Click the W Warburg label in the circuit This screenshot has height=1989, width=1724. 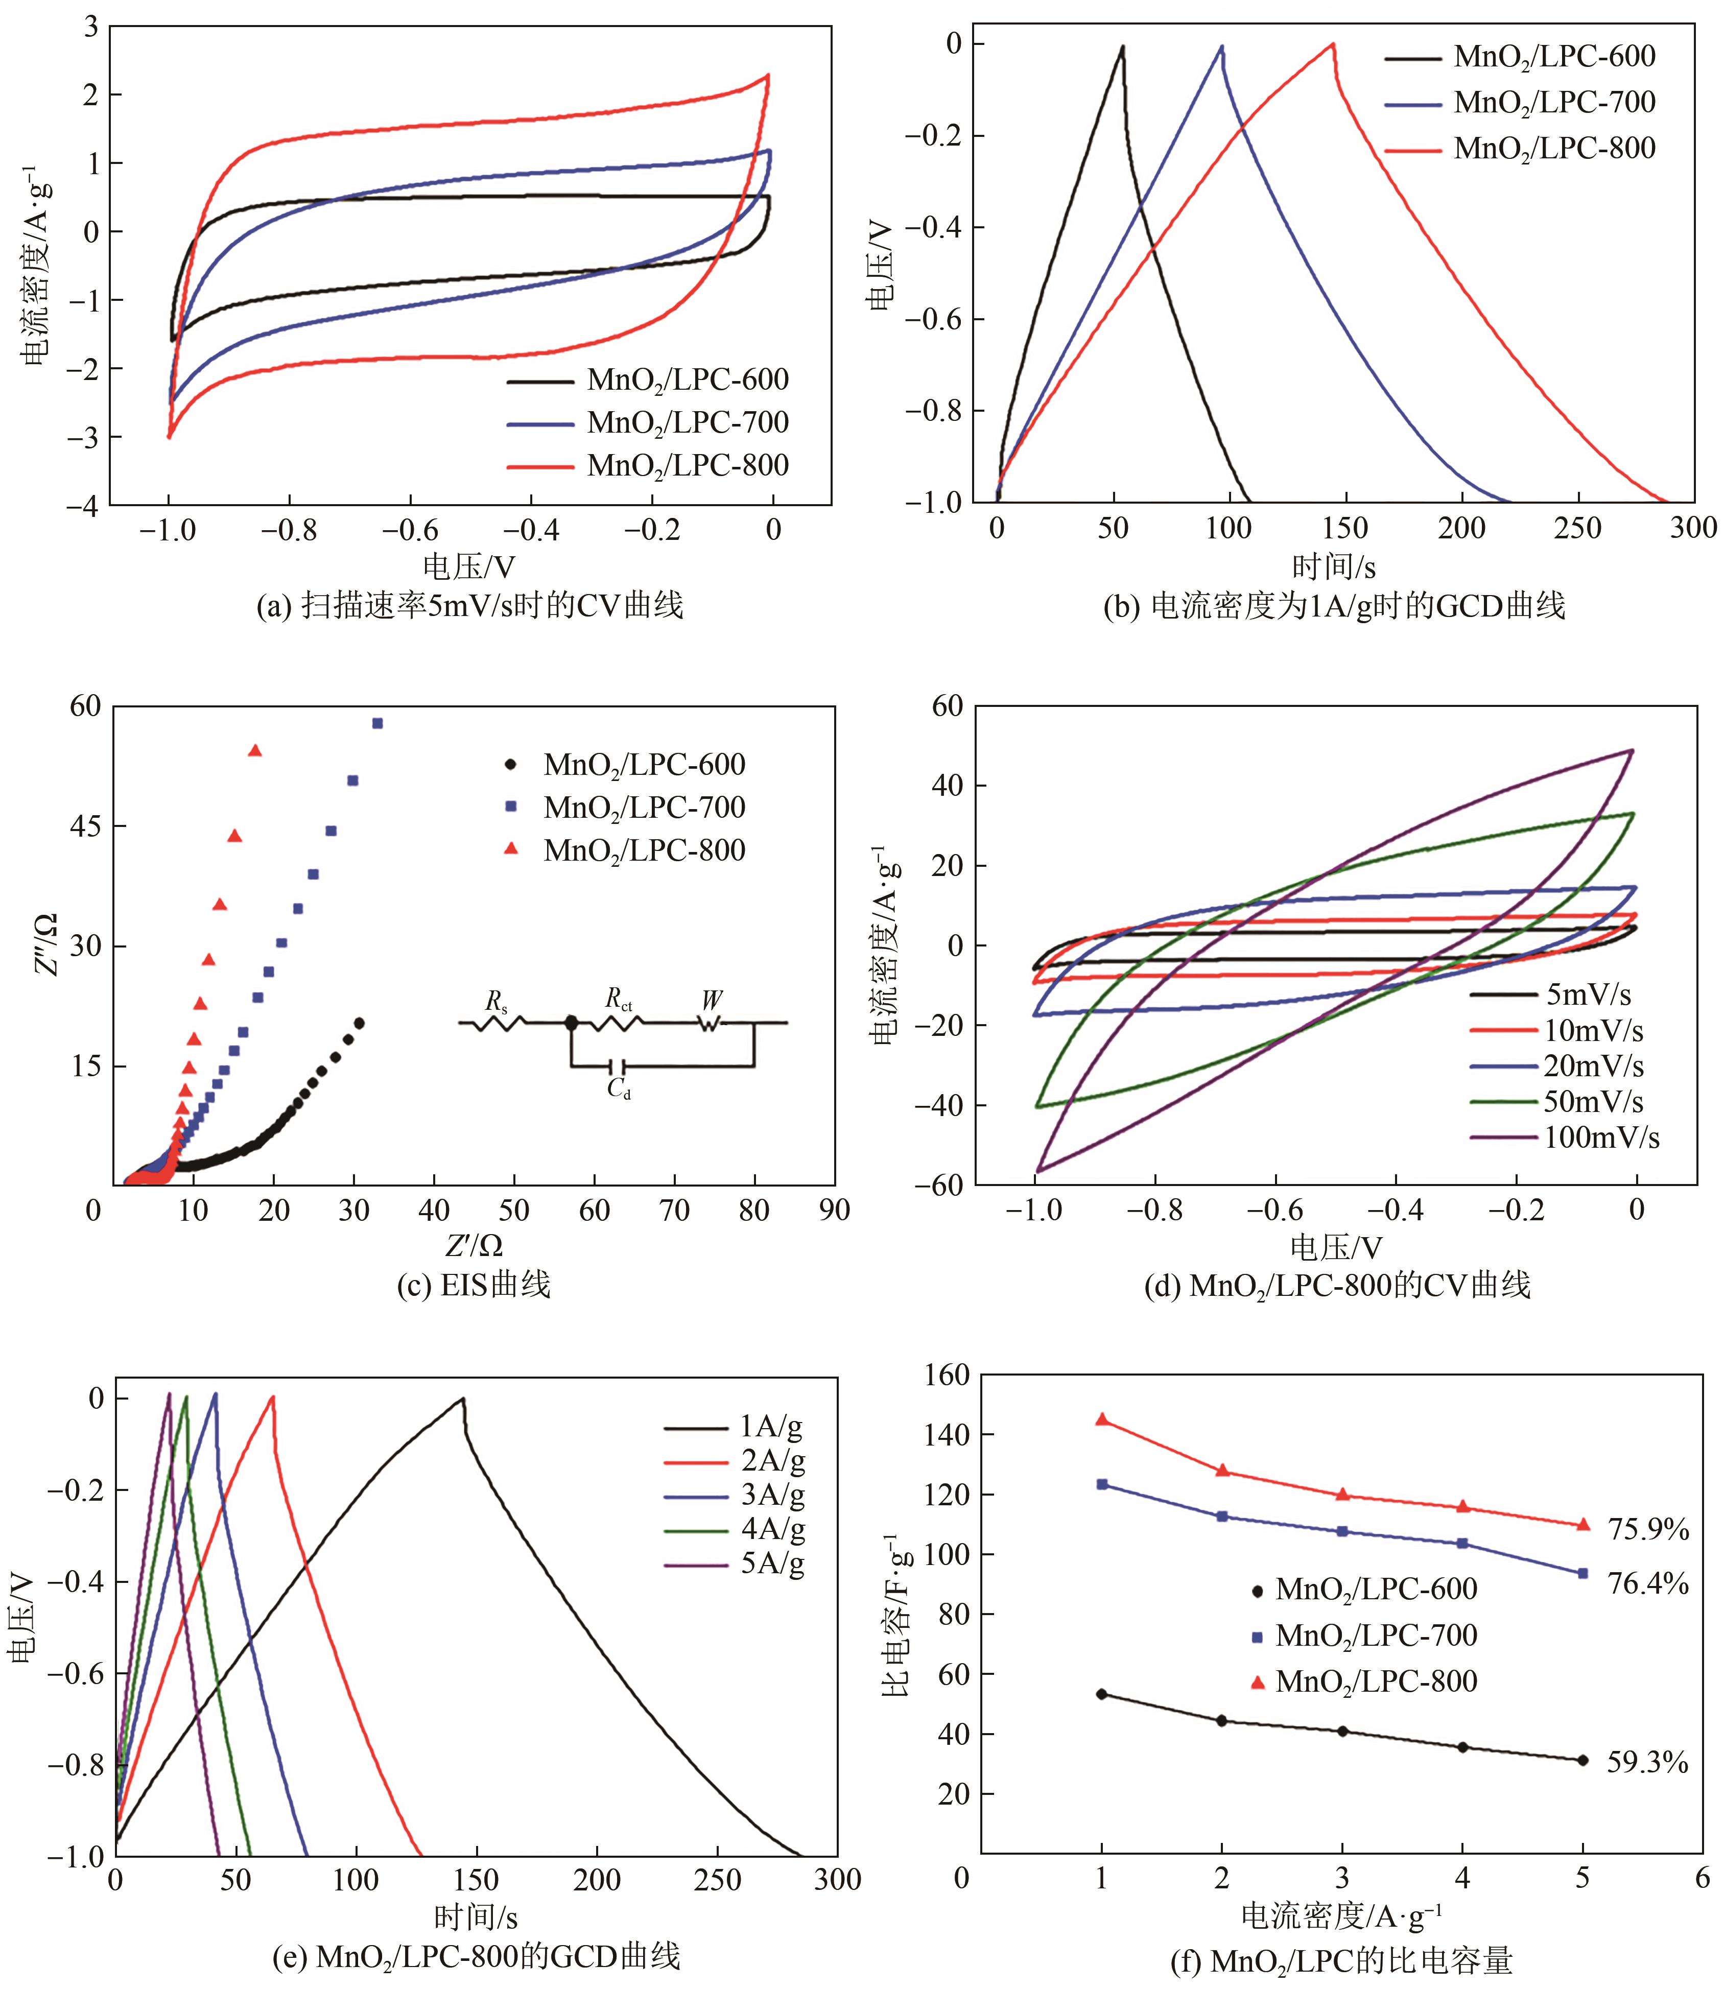pyautogui.click(x=712, y=1000)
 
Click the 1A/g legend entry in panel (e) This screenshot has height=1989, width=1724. pyautogui.click(x=772, y=1426)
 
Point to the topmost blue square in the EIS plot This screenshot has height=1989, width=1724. pyautogui.click(x=377, y=723)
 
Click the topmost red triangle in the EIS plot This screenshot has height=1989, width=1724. pyautogui.click(x=255, y=750)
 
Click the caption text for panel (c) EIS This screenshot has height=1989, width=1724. pyautogui.click(x=474, y=1285)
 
